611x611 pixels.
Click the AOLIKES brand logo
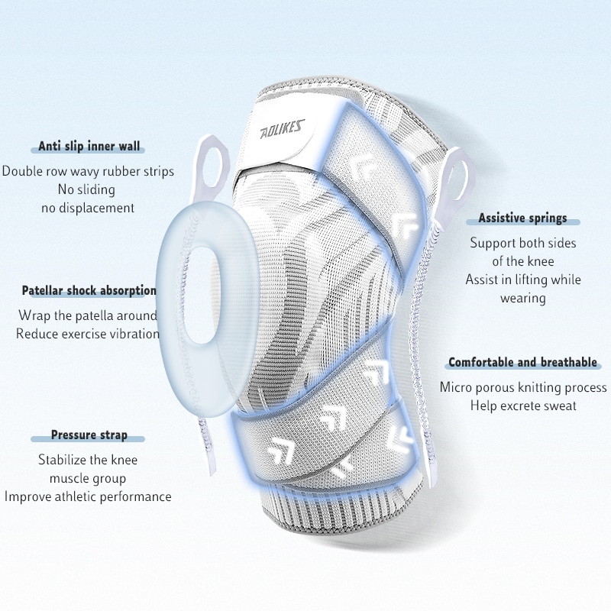point(282,129)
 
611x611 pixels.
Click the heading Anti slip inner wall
point(89,146)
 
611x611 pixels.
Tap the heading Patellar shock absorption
point(89,290)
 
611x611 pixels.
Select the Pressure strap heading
point(89,435)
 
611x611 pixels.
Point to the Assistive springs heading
point(522,218)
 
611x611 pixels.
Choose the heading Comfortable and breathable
point(522,362)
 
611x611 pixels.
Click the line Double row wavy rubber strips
point(88,171)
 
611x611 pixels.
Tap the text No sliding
point(86,189)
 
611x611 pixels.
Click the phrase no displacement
point(88,208)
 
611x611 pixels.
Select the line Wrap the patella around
point(88,315)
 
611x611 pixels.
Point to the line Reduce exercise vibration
point(88,334)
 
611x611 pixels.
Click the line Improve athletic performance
point(88,496)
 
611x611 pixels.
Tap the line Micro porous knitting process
point(523,387)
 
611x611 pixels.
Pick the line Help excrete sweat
point(523,406)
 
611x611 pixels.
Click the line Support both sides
point(523,243)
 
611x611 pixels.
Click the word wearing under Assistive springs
point(523,298)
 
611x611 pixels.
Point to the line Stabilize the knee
point(88,460)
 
